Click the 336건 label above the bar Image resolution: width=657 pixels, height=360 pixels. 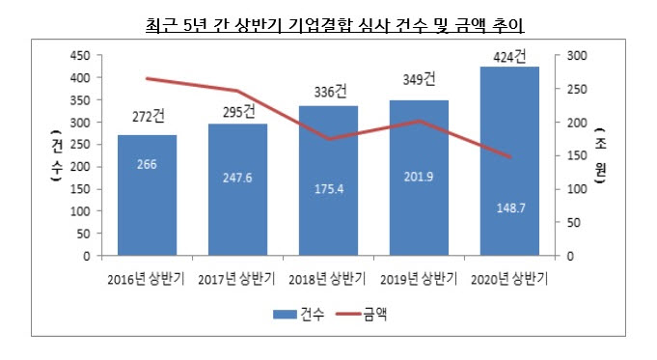328,93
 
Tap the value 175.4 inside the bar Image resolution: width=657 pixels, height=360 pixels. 328,189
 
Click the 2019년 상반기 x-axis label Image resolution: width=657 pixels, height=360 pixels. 419,280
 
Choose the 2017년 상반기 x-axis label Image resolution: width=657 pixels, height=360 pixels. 237,280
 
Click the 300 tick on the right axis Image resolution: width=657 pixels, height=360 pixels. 573,56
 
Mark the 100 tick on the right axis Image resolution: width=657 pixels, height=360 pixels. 573,189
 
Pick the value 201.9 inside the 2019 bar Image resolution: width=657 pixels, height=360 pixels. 419,178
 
